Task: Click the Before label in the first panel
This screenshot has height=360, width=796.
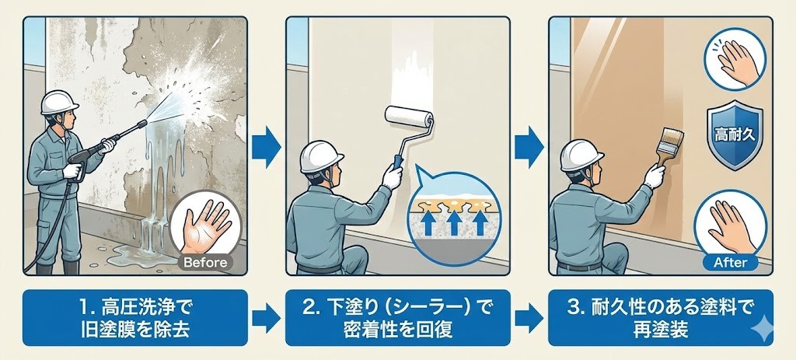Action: (205, 263)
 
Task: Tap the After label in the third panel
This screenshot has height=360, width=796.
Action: (730, 263)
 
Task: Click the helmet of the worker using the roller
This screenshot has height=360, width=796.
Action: (321, 156)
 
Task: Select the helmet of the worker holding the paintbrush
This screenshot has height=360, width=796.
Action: (581, 156)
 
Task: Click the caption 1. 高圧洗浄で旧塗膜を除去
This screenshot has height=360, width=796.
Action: (135, 318)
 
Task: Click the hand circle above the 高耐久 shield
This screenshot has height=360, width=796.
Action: (735, 59)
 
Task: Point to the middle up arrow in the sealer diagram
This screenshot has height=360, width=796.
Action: (454, 222)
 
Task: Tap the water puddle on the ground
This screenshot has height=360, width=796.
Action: (133, 255)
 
